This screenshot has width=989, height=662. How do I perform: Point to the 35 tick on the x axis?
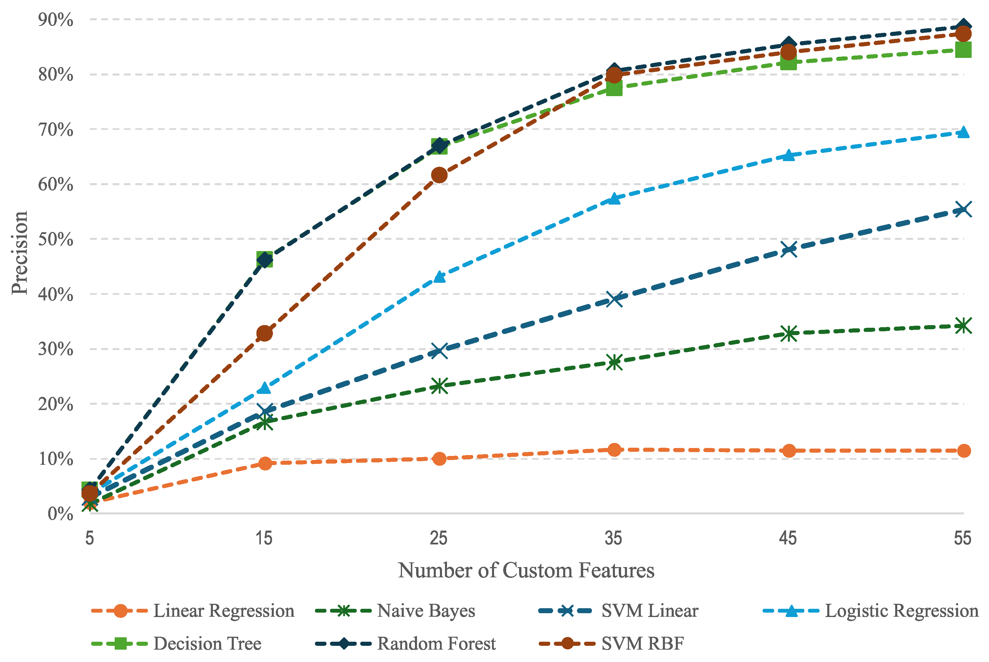tap(613, 538)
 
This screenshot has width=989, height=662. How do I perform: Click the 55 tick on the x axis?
tap(963, 538)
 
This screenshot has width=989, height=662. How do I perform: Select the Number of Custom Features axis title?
tap(526, 570)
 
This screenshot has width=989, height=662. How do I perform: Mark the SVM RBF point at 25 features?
tap(439, 175)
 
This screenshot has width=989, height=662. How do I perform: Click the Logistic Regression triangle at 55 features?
tap(963, 133)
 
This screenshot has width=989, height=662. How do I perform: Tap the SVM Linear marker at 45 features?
tap(788, 249)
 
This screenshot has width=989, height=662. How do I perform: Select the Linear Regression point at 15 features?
tap(265, 463)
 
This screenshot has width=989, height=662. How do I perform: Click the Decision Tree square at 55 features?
tap(963, 50)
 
